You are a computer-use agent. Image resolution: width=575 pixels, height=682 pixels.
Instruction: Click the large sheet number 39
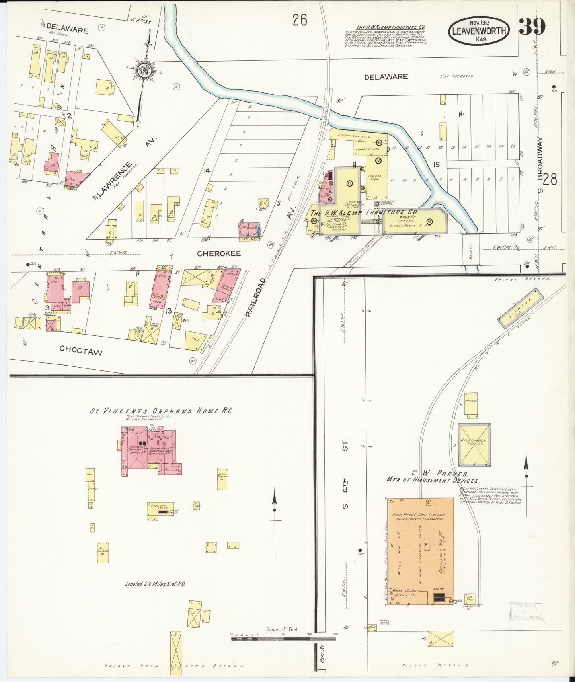pyautogui.click(x=532, y=27)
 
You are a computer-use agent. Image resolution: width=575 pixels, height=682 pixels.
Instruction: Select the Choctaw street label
pyautogui.click(x=81, y=351)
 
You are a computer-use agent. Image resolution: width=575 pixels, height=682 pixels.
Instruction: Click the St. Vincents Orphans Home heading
pyautogui.click(x=161, y=411)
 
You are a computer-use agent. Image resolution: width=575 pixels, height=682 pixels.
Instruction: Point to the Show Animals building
pyautogui.click(x=474, y=445)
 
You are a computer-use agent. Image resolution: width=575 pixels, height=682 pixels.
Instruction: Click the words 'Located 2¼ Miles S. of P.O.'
pyautogui.click(x=155, y=584)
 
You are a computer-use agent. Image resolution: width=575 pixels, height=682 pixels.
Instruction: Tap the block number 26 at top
pyautogui.click(x=300, y=20)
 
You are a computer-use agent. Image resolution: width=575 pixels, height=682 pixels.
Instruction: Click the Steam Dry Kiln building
pyautogui.click(x=354, y=135)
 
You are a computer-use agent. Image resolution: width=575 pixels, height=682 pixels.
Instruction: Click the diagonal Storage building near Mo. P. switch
pyautogui.click(x=521, y=308)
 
